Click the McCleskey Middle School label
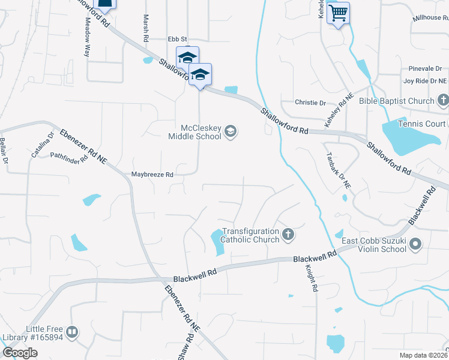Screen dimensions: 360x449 [200, 132]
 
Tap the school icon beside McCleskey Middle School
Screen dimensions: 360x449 [231, 131]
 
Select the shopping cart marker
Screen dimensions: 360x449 [339, 13]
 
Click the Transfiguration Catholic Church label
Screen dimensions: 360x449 [250, 235]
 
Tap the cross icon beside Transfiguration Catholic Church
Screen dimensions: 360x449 [288, 235]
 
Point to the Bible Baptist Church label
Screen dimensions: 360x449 [396, 101]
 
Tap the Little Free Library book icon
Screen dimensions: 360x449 [72, 332]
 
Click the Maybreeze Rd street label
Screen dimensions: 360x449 [152, 175]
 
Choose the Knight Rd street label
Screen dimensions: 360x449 [311, 278]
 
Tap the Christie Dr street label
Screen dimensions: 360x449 [310, 103]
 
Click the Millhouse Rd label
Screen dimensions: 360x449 [430, 19]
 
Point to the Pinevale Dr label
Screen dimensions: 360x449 [424, 69]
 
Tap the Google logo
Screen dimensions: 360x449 [20, 353]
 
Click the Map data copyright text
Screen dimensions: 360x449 [424, 355]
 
